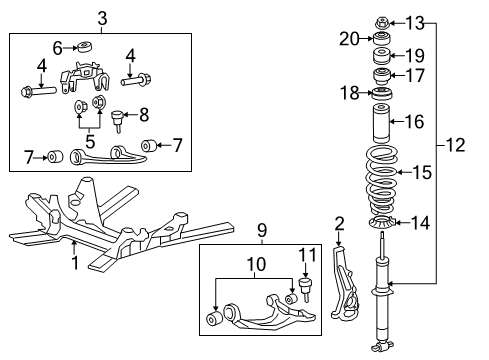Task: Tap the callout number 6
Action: point(58,47)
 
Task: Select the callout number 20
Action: point(349,39)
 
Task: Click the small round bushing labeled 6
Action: point(84,46)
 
